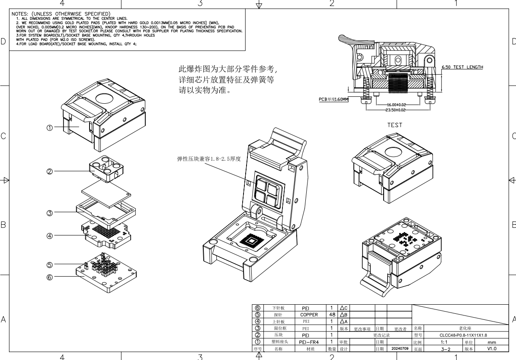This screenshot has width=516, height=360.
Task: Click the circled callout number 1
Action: (x=50, y=128)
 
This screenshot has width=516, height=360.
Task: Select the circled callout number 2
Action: (x=50, y=171)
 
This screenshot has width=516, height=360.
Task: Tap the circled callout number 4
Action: (x=50, y=236)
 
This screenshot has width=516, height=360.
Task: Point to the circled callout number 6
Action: (x=50, y=277)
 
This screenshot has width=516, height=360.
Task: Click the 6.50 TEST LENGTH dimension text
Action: (x=462, y=67)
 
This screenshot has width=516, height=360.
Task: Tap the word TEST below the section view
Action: (x=394, y=125)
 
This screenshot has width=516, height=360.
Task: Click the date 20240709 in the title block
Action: (x=400, y=348)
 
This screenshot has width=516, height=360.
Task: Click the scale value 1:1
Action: (x=438, y=342)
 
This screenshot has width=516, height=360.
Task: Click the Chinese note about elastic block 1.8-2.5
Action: (x=205, y=159)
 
